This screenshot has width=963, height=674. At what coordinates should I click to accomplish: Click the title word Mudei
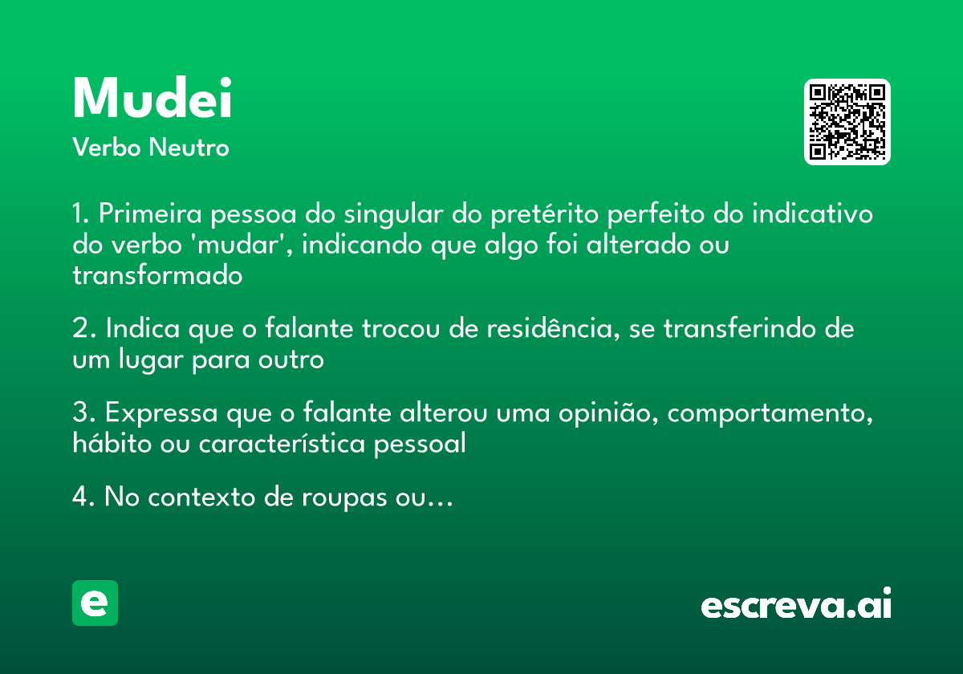[152, 99]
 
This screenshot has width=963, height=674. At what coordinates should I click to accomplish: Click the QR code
[847, 122]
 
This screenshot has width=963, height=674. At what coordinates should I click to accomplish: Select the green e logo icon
[95, 603]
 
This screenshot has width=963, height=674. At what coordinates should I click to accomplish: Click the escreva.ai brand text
[796, 605]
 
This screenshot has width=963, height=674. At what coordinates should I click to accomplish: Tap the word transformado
[157, 275]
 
